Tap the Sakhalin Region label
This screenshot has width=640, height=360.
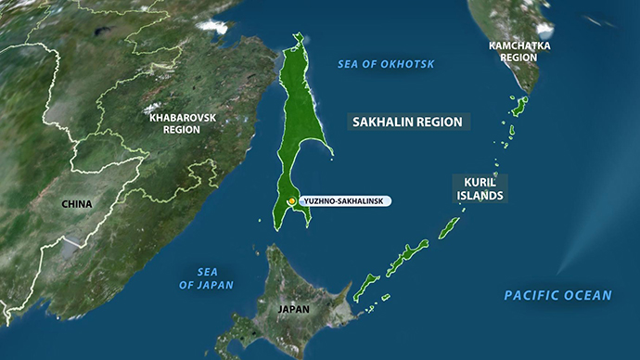coord(408,122)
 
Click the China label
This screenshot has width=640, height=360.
coord(77,202)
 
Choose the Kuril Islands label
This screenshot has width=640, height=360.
coord(480,188)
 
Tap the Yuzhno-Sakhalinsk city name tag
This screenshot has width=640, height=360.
coord(343,201)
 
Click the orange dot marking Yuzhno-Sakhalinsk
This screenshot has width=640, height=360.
coord(291,201)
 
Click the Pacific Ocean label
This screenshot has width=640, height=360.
coord(557,295)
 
